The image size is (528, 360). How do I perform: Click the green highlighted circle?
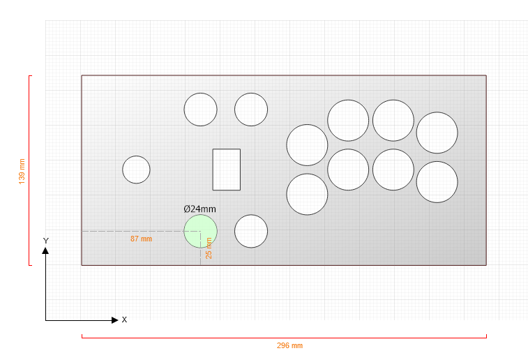(200, 232)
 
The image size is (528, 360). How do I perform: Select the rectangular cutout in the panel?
(226, 170)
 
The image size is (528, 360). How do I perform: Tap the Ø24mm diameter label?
(199, 209)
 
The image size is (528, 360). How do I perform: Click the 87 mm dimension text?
(141, 239)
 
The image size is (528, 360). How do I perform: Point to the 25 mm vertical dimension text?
(209, 248)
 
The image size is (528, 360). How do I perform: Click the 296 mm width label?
(289, 345)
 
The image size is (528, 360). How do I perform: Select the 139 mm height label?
(22, 172)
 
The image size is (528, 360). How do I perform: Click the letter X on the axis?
(124, 320)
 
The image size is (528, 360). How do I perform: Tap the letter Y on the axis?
(46, 241)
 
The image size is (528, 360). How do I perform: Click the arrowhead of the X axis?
(115, 320)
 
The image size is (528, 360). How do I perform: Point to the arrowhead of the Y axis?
(45, 250)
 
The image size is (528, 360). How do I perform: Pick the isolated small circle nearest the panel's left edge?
(137, 170)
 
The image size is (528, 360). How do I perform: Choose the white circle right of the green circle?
(251, 232)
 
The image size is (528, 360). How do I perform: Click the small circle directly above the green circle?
(200, 110)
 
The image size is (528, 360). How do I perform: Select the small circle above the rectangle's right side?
(251, 110)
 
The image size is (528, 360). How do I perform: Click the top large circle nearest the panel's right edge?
(437, 133)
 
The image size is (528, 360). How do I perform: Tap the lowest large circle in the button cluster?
(307, 195)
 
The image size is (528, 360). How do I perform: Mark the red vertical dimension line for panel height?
(29, 170)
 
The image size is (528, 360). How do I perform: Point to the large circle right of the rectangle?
(307, 145)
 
